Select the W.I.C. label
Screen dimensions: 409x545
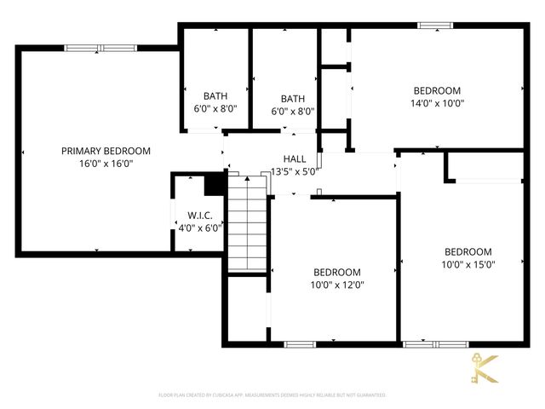point(200,216)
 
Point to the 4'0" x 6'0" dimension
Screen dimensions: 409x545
point(200,228)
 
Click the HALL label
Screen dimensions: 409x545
point(295,158)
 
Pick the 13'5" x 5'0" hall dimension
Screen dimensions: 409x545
point(294,170)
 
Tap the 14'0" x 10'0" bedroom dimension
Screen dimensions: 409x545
point(437,103)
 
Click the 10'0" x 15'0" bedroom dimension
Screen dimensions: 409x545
point(468,264)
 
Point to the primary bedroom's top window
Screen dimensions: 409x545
point(96,48)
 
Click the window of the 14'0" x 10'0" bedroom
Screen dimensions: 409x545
point(436,25)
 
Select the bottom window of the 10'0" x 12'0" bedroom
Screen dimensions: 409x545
point(300,344)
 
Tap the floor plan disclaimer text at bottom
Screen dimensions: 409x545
point(272,395)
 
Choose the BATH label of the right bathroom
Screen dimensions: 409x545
point(293,98)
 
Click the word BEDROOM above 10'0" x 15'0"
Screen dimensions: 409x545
point(468,251)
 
